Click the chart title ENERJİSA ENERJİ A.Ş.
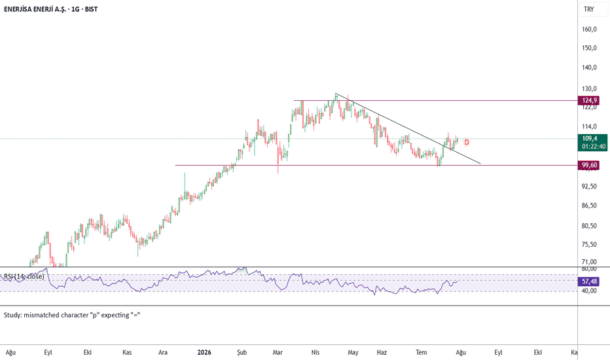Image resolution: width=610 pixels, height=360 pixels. pos(34,9)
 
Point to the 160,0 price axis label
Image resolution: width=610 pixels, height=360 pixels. pos(589,29)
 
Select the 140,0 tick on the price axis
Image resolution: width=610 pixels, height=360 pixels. pos(589,67)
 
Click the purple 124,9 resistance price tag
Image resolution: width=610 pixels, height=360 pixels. pos(589,100)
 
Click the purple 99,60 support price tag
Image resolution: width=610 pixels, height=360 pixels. pos(589,166)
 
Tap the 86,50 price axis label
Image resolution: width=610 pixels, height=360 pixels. pos(589,206)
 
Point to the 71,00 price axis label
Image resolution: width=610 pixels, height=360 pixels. pos(589,262)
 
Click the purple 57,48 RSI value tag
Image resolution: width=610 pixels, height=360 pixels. pos(589,281)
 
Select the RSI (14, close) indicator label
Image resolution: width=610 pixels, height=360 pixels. pos(24,277)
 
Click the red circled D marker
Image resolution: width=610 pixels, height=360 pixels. pos(467,143)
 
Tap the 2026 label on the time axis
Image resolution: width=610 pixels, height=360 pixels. pos(204,353)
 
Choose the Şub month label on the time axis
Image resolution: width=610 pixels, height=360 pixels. pos(242,353)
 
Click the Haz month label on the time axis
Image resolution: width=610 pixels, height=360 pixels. pos(382,353)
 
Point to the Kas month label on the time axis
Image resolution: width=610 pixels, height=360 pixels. pos(127,353)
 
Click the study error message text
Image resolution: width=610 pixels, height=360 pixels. pos(72,315)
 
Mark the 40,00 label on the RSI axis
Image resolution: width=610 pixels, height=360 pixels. pos(589,291)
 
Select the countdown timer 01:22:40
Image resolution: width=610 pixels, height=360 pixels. pos(594,147)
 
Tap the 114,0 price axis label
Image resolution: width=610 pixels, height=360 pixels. pos(589,126)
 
